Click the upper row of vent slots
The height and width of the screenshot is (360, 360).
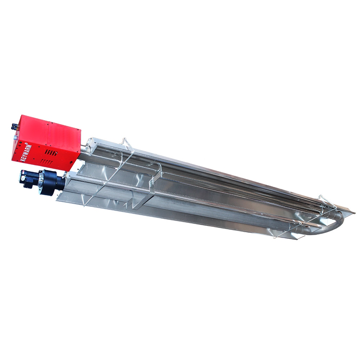tap(51, 153)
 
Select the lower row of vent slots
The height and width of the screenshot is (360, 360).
tap(46, 162)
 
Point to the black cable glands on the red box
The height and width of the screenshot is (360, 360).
tap(15, 126)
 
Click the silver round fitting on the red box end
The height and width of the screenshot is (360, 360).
tap(15, 137)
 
